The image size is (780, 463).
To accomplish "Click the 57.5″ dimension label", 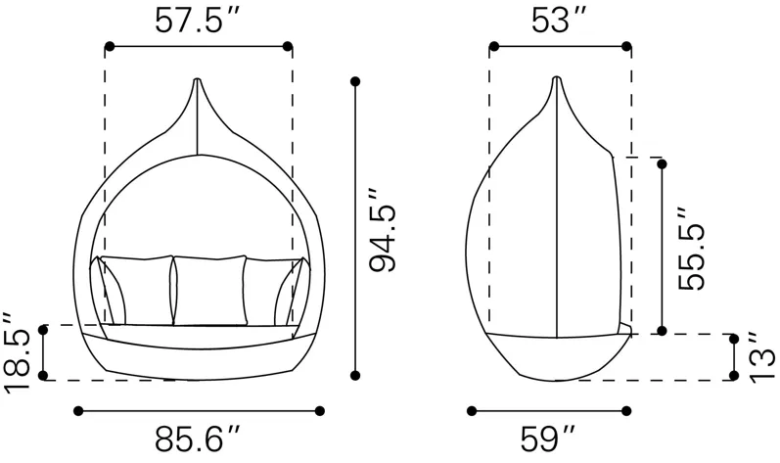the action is [x=198, y=21].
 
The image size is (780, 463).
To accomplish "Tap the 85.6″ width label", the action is [x=198, y=439].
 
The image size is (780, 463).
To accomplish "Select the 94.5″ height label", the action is [x=383, y=230].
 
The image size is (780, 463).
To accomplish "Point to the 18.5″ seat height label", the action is [x=17, y=352].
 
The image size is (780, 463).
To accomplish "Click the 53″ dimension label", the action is [x=559, y=21].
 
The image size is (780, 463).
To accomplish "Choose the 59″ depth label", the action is [x=548, y=439].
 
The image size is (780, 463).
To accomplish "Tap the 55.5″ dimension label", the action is [x=692, y=249].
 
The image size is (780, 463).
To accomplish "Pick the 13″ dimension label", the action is [x=761, y=357].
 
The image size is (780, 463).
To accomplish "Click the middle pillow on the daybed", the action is [x=209, y=291].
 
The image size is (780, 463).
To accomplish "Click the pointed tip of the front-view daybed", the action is [x=198, y=79].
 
